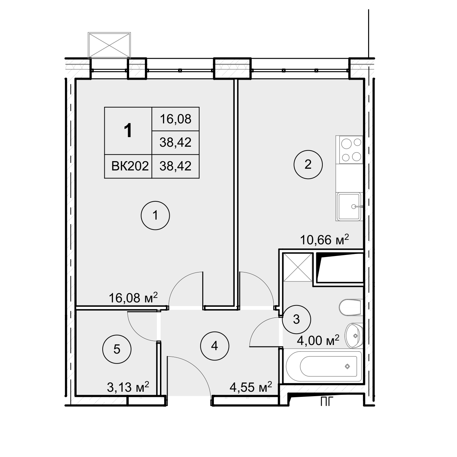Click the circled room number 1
click(155, 215)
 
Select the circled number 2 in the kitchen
click(308, 164)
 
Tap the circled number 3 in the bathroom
click(296, 319)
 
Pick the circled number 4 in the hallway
click(215, 346)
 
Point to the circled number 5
click(117, 349)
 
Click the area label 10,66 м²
click(324, 240)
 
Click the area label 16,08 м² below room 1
click(133, 298)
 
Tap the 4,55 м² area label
click(251, 387)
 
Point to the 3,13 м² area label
click(128, 387)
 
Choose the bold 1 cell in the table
click(128, 131)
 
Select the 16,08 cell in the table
click(175, 119)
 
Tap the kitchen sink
click(349, 207)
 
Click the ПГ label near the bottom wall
click(327, 401)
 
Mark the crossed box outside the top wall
click(109, 45)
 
